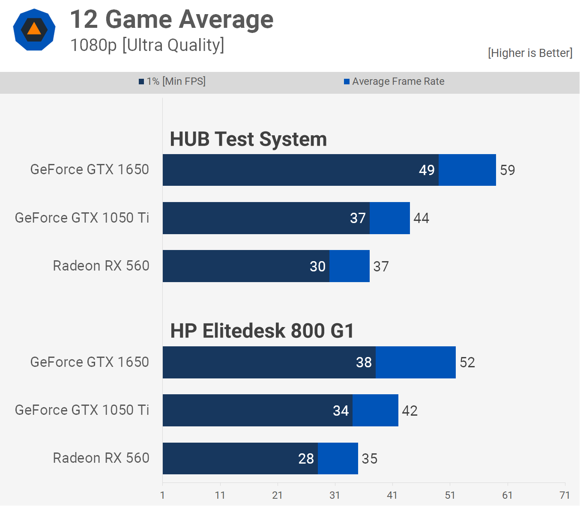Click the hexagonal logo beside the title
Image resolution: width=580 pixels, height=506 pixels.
pyautogui.click(x=34, y=30)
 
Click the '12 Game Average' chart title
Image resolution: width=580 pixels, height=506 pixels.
pyautogui.click(x=171, y=20)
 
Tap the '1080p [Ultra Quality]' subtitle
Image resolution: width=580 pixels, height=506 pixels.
pyautogui.click(x=147, y=45)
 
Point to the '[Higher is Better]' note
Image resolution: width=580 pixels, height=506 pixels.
pyautogui.click(x=530, y=53)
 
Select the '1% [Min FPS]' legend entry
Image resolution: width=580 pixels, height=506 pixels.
pyautogui.click(x=172, y=81)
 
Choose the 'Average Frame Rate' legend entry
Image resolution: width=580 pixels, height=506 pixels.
pyautogui.click(x=394, y=81)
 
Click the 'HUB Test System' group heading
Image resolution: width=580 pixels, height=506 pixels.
pyautogui.click(x=248, y=140)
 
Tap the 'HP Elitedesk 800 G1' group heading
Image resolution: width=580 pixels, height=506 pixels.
pyautogui.click(x=262, y=331)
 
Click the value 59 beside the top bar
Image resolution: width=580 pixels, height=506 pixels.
pyautogui.click(x=508, y=170)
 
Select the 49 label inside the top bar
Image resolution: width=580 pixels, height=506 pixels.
pyautogui.click(x=427, y=170)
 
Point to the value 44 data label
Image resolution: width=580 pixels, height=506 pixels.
pyautogui.click(x=421, y=218)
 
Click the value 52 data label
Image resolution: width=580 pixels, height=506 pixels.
pyautogui.click(x=467, y=363)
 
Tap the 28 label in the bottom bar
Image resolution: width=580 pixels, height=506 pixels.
pyautogui.click(x=306, y=459)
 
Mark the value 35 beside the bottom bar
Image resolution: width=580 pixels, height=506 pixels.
pyautogui.click(x=370, y=459)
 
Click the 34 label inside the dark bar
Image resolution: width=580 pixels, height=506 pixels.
pyautogui.click(x=341, y=411)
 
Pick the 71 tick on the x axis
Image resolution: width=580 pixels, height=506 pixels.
pyautogui.click(x=565, y=495)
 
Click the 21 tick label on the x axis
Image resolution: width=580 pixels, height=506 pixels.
pyautogui.click(x=277, y=495)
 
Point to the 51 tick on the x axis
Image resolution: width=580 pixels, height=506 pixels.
pyautogui.click(x=450, y=495)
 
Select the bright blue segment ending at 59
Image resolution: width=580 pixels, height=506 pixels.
pyautogui.click(x=467, y=170)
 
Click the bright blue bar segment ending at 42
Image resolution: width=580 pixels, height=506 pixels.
pyautogui.click(x=375, y=411)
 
